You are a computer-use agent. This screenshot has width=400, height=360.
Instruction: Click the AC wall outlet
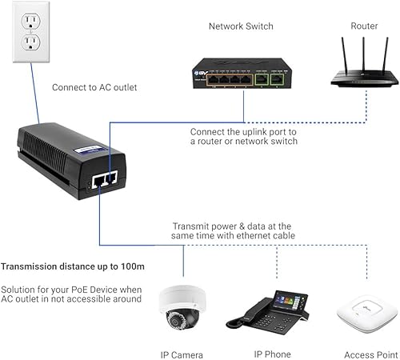(30, 32)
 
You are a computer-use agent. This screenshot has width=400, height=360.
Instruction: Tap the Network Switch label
(241, 26)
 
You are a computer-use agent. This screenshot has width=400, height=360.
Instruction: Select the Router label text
(364, 26)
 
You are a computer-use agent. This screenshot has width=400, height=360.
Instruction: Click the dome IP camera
(182, 307)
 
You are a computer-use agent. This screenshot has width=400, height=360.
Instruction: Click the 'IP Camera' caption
(182, 354)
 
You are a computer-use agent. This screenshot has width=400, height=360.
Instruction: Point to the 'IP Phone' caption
(272, 354)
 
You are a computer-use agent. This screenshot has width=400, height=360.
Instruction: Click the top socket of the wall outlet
(30, 20)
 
